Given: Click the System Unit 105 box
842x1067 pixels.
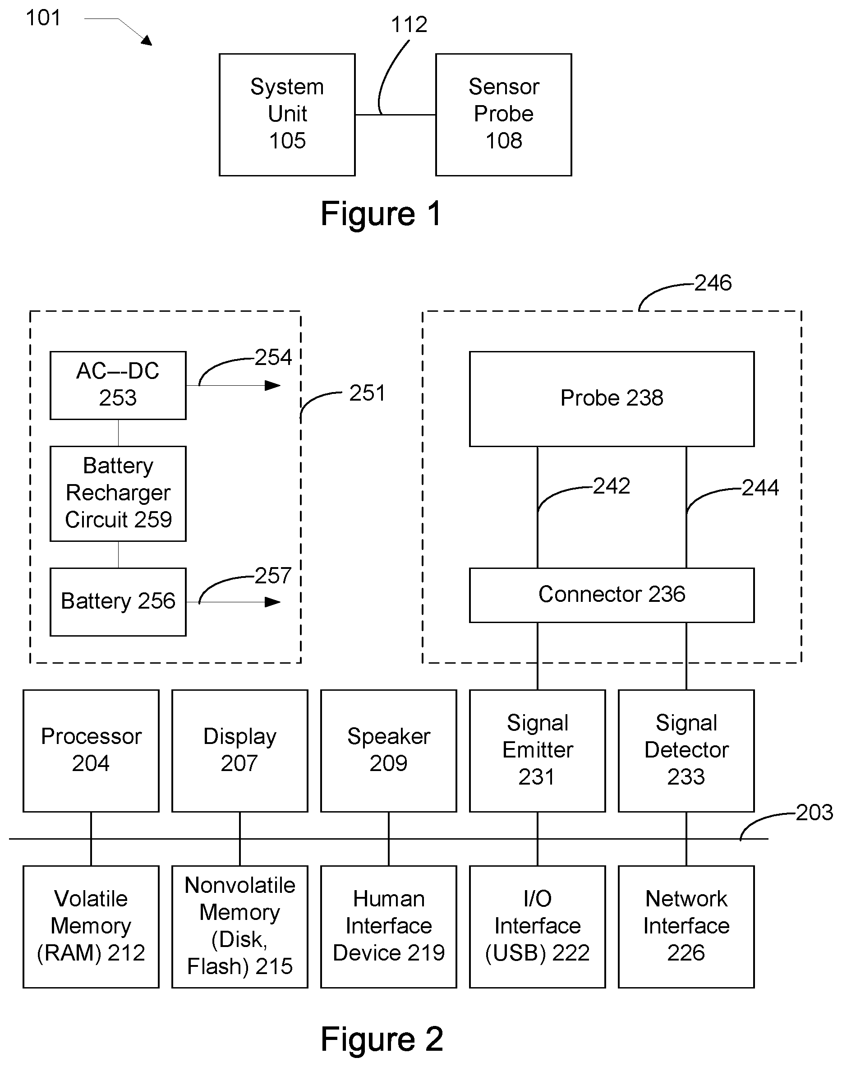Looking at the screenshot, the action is [287, 115].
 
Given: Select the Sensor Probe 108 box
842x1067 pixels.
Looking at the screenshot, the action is [503, 115].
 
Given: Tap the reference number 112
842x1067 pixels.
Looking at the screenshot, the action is [409, 24].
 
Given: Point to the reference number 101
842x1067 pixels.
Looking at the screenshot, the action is [43, 18].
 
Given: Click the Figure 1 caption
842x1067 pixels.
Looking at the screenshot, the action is [381, 213].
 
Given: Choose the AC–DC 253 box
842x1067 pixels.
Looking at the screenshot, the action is [118, 385].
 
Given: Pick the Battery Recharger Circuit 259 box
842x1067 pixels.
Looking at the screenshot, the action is [118, 494].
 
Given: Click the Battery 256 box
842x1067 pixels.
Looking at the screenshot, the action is [118, 601].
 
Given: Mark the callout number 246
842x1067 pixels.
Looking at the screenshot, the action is [713, 283].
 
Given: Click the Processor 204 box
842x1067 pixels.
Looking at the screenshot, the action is [91, 750].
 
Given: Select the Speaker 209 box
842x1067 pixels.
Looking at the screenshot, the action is [388, 750].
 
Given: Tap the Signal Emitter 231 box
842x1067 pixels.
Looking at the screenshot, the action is [537, 750].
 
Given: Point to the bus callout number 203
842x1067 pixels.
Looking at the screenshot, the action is [814, 813].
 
